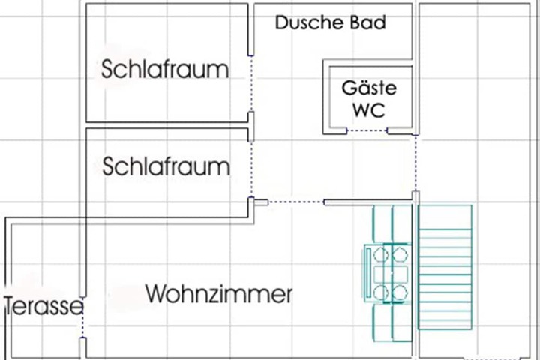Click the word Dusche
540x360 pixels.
[x=309, y=22]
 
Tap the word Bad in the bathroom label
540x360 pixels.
[x=368, y=22]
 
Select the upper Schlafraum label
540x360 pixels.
[x=165, y=69]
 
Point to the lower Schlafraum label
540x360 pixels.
[x=166, y=166]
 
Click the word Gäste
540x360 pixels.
[x=369, y=88]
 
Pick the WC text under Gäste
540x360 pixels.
[x=369, y=110]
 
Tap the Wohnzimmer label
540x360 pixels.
[x=219, y=294]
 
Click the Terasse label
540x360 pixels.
[x=43, y=306]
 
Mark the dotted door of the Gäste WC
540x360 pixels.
[x=367, y=130]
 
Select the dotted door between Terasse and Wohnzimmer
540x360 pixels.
[x=82, y=317]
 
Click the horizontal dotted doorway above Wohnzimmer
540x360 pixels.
[x=296, y=202]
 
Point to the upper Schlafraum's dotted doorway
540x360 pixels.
[x=251, y=83]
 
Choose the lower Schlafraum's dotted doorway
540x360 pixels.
[x=251, y=169]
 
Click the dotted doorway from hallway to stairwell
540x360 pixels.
[x=415, y=163]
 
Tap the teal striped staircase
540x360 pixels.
[x=445, y=267]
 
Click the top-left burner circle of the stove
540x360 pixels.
[x=381, y=255]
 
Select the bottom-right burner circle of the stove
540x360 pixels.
[x=400, y=292]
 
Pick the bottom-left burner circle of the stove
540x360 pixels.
[x=381, y=292]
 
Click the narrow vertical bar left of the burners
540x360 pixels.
[x=369, y=272]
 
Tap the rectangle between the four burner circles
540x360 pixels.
[x=391, y=274]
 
